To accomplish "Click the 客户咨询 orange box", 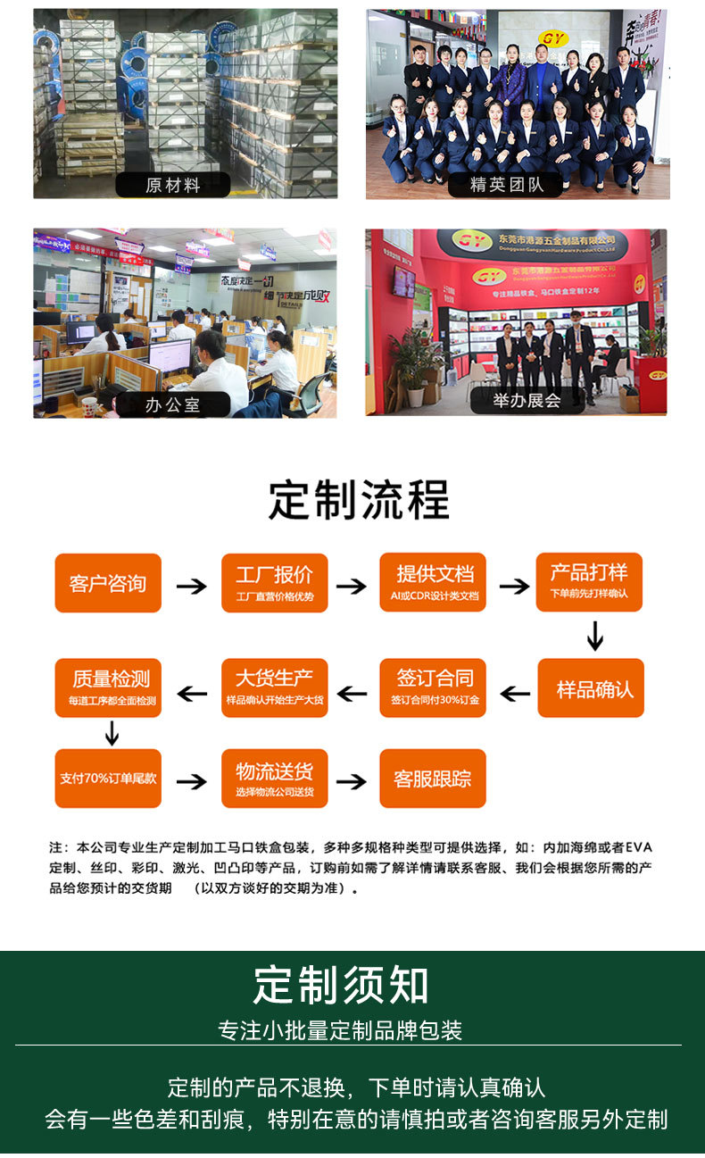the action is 108,583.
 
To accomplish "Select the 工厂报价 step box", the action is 274,583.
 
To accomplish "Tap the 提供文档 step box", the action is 434,582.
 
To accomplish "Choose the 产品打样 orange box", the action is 589,581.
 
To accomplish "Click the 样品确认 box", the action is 591,688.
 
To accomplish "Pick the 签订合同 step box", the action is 434,687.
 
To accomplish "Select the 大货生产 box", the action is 274,687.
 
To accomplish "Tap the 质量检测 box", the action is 108,687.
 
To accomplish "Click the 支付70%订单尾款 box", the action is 108,778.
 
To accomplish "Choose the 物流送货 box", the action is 274,779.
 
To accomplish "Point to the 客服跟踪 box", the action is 433,779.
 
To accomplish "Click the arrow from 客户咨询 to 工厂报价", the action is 191,587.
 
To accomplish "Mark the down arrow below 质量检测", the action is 112,734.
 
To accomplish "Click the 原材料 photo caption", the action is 173,185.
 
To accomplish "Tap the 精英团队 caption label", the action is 506,185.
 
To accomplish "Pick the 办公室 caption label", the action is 173,404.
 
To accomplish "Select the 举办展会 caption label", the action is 527,401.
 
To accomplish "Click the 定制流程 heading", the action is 359,500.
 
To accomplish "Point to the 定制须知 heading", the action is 341,985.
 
